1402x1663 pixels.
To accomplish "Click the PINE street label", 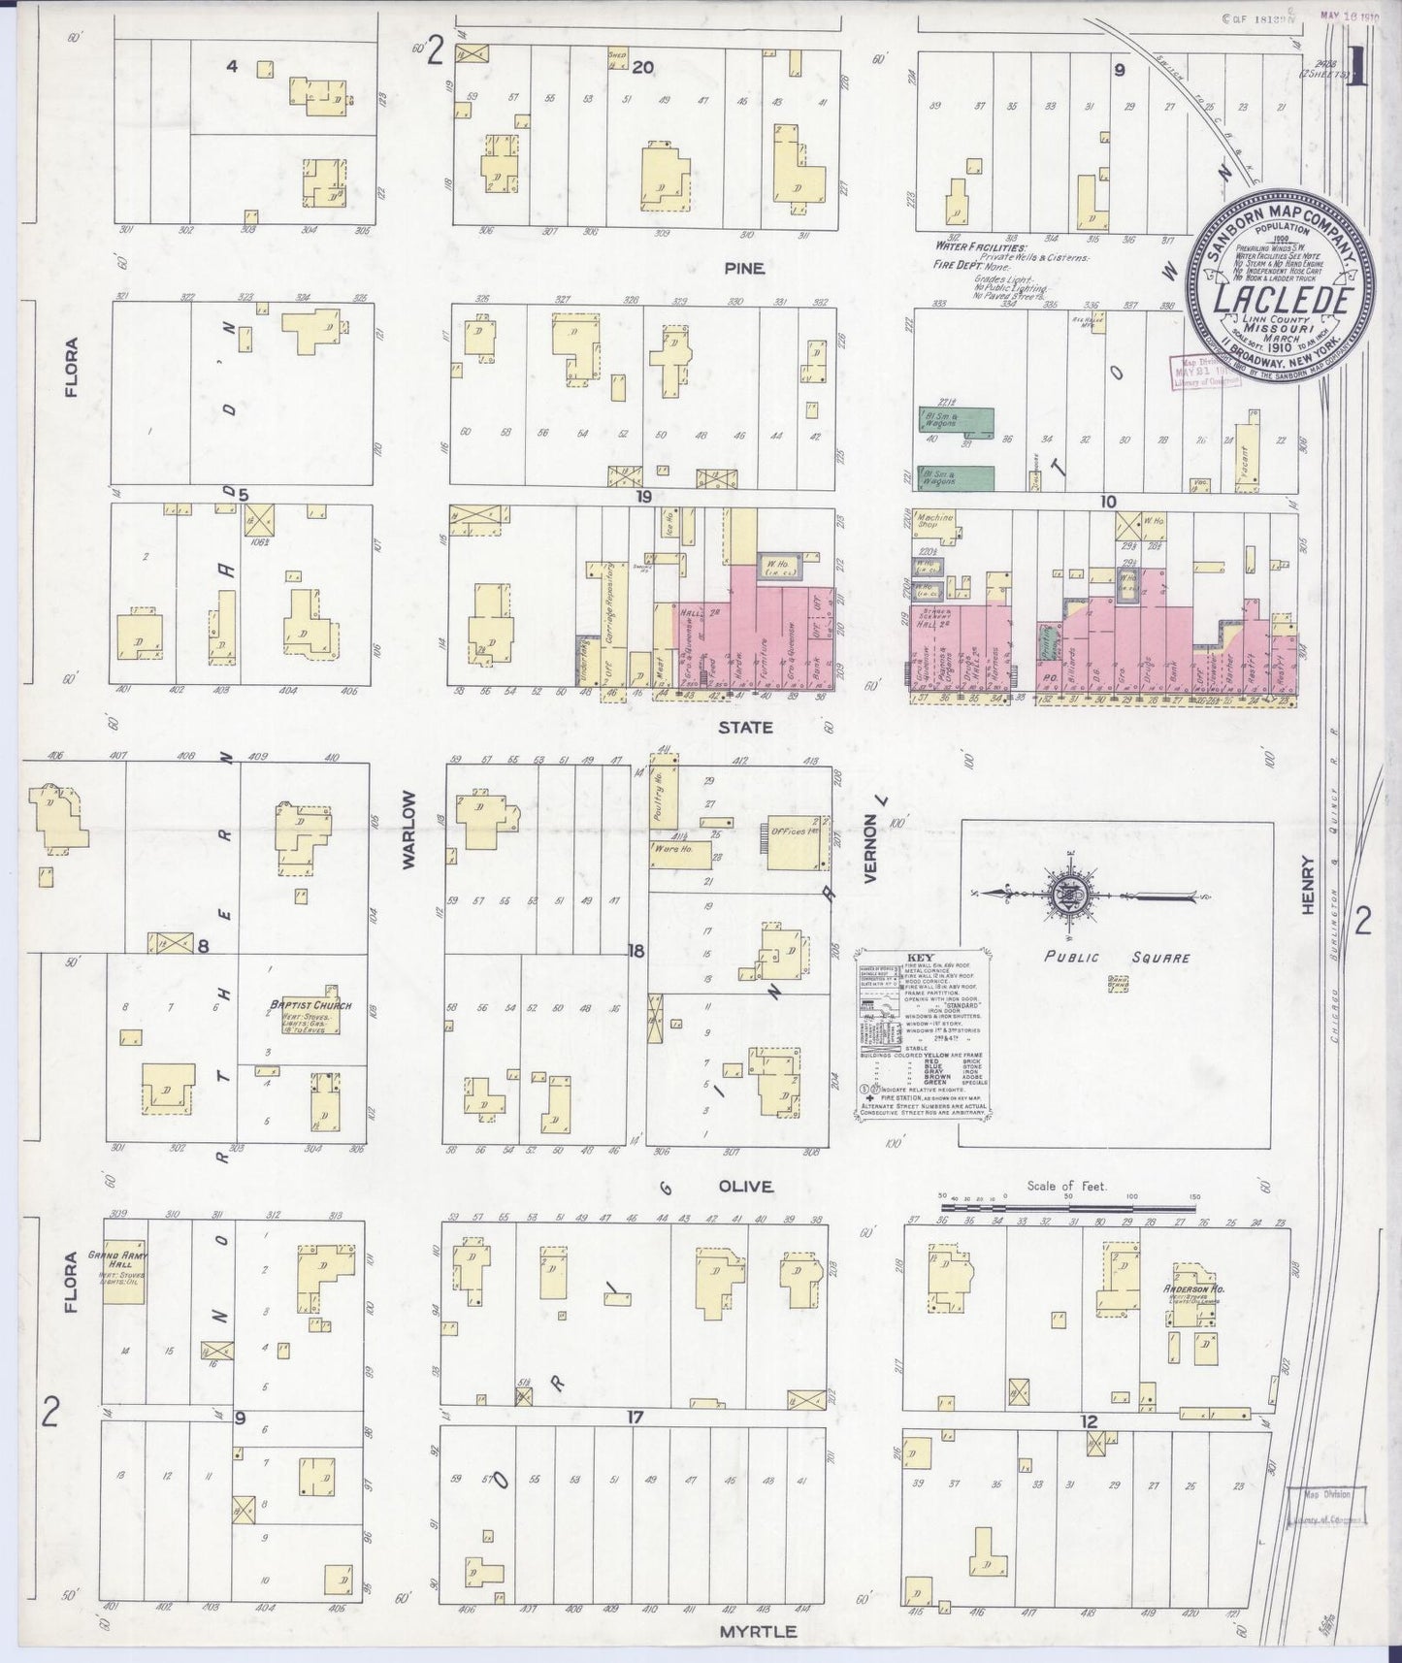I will [743, 269].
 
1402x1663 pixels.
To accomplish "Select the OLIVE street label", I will [745, 1186].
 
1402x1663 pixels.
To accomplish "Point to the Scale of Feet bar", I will [1067, 1207].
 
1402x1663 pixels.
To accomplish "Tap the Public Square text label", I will [1116, 957].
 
